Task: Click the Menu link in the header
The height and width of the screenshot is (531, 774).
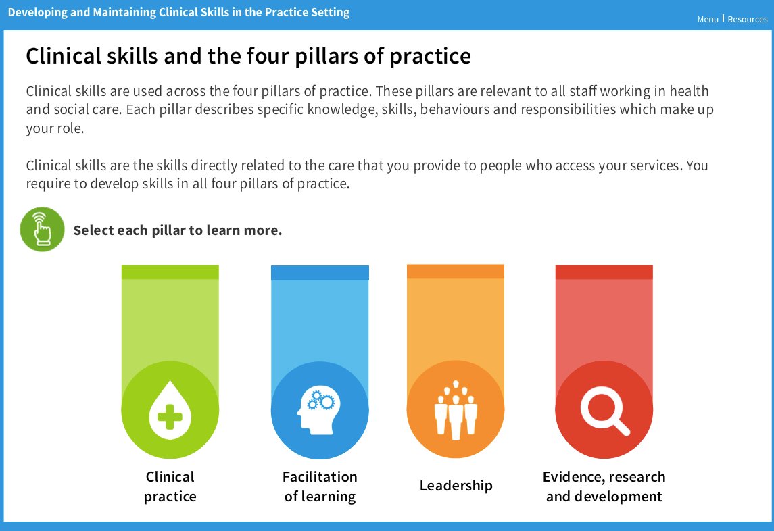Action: (x=707, y=19)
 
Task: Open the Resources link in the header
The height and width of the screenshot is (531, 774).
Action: (x=747, y=19)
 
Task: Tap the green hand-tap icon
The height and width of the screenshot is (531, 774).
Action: (x=42, y=230)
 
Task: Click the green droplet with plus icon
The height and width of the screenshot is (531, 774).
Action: (x=170, y=411)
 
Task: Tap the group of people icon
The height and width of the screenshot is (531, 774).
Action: (x=456, y=410)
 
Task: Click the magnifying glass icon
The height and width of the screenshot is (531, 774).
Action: (x=604, y=410)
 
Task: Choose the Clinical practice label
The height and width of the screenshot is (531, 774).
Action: (x=170, y=486)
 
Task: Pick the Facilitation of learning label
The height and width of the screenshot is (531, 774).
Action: (x=320, y=486)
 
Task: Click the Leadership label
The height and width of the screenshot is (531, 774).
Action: (x=456, y=486)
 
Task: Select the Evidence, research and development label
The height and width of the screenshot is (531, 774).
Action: (x=604, y=486)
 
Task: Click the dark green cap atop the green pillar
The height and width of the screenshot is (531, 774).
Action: (x=170, y=272)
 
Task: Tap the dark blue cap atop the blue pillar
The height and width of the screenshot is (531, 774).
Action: (x=320, y=273)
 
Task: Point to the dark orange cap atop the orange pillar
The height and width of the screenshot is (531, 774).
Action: (x=456, y=272)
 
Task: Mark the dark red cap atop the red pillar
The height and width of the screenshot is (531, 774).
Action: (x=604, y=272)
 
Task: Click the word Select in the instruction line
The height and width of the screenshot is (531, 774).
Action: (x=93, y=230)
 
